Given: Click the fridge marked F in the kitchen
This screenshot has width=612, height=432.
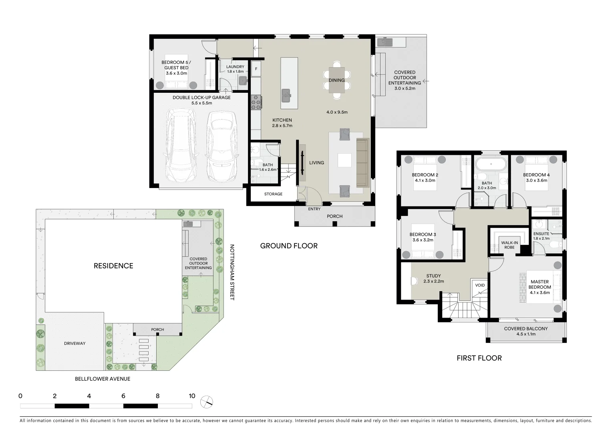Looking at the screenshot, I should coord(256,69).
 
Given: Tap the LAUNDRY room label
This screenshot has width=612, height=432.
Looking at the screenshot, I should coord(235,67).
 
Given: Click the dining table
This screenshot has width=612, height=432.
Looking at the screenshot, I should coord(336,80).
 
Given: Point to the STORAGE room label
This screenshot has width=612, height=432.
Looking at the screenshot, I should coord(273,194).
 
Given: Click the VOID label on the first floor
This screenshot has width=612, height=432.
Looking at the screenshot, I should coord(480,285).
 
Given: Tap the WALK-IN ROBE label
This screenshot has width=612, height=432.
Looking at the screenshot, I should coord(509,245).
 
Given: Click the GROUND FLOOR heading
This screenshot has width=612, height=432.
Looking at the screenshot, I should coord(289,246).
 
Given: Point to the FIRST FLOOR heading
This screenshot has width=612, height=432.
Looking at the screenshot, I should coord(479,358).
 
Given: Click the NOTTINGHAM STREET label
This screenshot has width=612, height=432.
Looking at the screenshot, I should coord(232,272).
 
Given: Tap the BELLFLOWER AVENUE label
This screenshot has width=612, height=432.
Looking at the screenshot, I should coord(103,378).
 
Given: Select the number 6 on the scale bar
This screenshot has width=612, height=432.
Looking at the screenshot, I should coord(123,396).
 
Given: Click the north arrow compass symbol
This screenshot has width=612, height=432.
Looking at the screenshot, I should coord(207,402).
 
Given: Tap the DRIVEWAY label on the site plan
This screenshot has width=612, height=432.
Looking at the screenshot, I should coord(75,343).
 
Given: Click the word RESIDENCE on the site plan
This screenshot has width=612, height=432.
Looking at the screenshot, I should coord(113,266).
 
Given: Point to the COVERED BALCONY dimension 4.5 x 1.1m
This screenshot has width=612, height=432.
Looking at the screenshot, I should coord(525,334).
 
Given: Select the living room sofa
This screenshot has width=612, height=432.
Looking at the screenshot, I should coord(362,162).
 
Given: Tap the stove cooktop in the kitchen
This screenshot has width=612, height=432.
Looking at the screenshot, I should coord(256,102).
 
